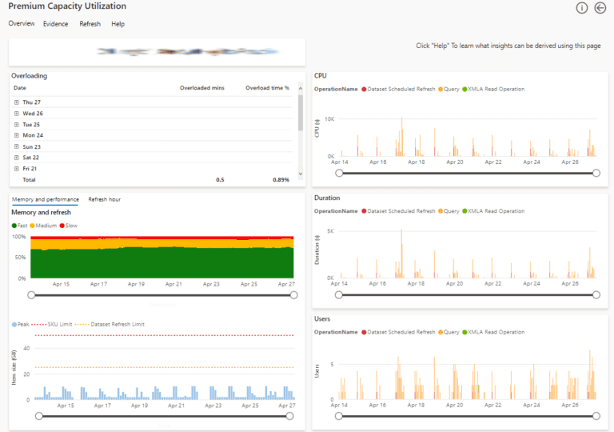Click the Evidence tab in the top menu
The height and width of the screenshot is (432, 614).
click(x=55, y=24)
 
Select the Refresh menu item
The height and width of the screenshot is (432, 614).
click(x=90, y=24)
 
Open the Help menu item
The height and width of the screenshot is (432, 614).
click(x=118, y=24)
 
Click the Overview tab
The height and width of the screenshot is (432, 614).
click(x=22, y=24)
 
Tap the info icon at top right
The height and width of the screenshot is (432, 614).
click(x=582, y=8)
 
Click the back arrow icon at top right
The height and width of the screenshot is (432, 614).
click(x=600, y=8)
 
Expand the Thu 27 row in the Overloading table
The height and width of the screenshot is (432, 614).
click(x=17, y=102)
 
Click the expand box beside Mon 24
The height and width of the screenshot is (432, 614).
click(x=17, y=136)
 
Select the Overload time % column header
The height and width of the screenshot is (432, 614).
click(x=267, y=87)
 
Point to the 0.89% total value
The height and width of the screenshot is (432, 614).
click(x=281, y=180)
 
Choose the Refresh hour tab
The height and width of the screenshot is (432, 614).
click(x=104, y=199)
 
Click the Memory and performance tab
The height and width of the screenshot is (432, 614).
click(x=45, y=199)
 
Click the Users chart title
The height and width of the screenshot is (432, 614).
click(x=322, y=318)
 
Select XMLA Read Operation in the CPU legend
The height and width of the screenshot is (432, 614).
click(x=496, y=89)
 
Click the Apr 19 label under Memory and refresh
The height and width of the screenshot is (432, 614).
click(x=136, y=284)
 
